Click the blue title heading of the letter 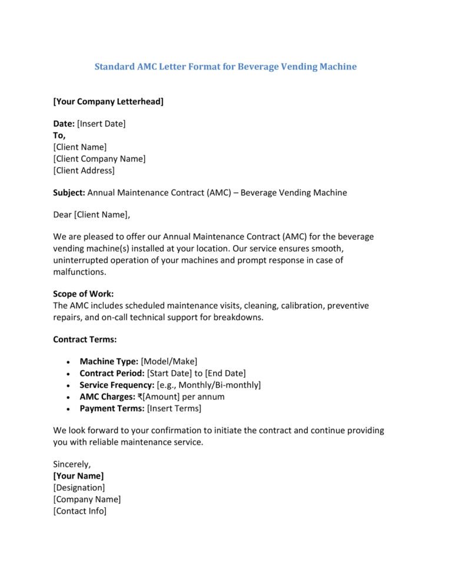click(x=225, y=67)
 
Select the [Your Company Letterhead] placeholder click(x=108, y=102)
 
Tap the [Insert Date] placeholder click(x=101, y=124)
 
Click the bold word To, click(x=59, y=135)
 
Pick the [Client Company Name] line click(x=99, y=159)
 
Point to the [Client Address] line click(x=84, y=171)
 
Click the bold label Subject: click(x=69, y=192)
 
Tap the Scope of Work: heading click(x=84, y=294)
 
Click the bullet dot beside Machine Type click(x=70, y=362)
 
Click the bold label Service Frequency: click(x=117, y=385)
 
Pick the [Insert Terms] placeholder click(x=174, y=408)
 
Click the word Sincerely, click(x=72, y=464)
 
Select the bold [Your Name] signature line click(x=78, y=476)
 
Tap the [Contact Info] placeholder click(x=80, y=511)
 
